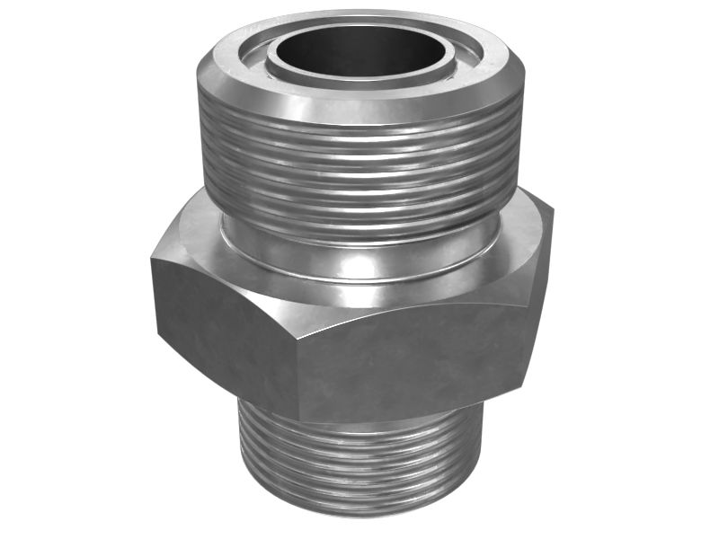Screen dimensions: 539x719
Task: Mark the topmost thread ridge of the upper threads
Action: tap(359, 131)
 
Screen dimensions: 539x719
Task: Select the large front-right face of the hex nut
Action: tap(413, 359)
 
